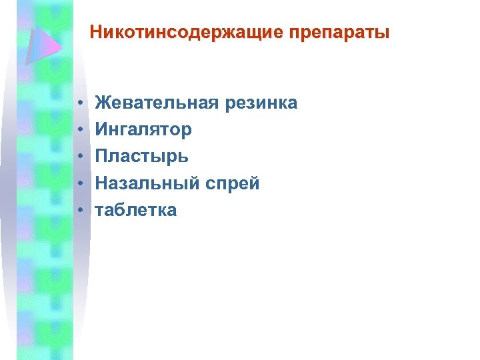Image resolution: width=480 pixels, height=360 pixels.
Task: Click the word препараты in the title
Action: click(x=339, y=32)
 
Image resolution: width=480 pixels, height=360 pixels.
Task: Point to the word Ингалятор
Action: click(x=143, y=129)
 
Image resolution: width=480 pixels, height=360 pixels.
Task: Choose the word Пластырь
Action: click(x=141, y=157)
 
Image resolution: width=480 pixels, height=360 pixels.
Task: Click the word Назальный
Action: click(x=147, y=183)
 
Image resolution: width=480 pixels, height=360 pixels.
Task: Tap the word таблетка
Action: click(x=136, y=210)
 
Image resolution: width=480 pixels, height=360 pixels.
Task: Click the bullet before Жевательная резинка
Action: click(x=79, y=105)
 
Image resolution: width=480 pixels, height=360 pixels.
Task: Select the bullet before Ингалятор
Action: click(x=79, y=131)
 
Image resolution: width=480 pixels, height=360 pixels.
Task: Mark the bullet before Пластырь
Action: click(x=79, y=157)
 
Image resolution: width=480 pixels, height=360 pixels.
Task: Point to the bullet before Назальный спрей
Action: click(x=79, y=184)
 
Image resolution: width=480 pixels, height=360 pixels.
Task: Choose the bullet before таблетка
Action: click(x=79, y=211)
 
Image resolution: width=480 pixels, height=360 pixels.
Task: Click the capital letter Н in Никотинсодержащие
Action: click(x=95, y=32)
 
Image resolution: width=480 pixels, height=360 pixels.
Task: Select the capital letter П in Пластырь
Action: click(x=102, y=157)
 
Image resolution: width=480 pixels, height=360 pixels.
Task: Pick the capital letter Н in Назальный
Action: click(x=102, y=183)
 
